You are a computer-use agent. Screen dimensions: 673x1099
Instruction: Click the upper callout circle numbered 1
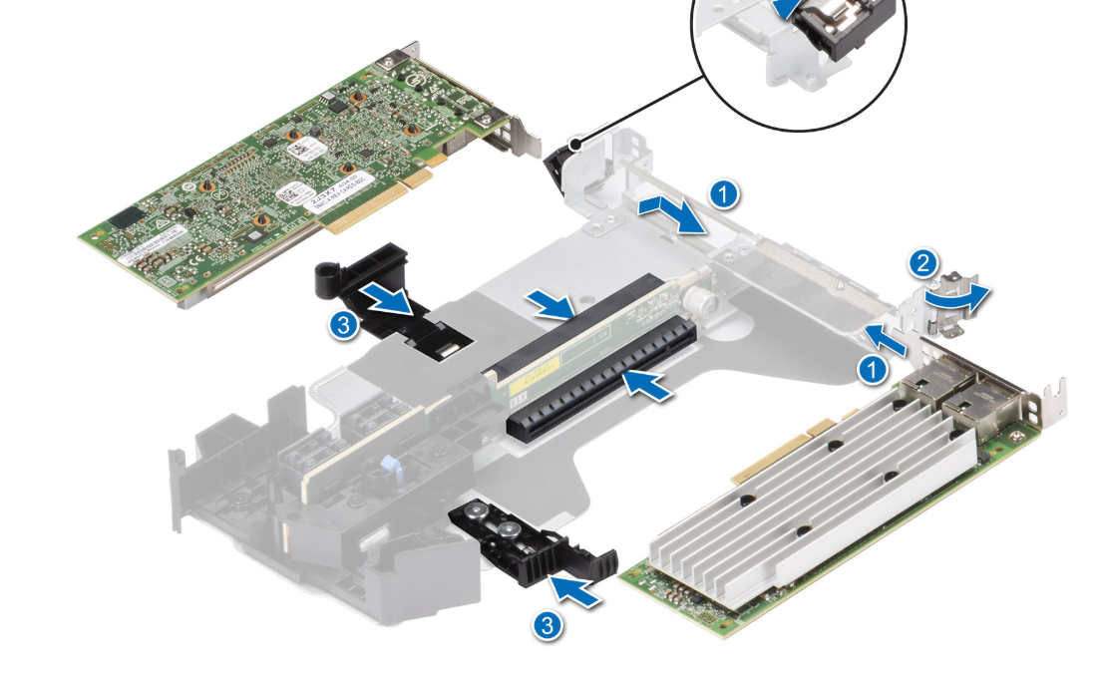(727, 193)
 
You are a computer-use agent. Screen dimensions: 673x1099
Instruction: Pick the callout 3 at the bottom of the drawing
(546, 625)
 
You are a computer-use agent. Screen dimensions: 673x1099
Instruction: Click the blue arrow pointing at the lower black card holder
(581, 590)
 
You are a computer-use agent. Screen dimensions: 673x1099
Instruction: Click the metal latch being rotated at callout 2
(938, 300)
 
